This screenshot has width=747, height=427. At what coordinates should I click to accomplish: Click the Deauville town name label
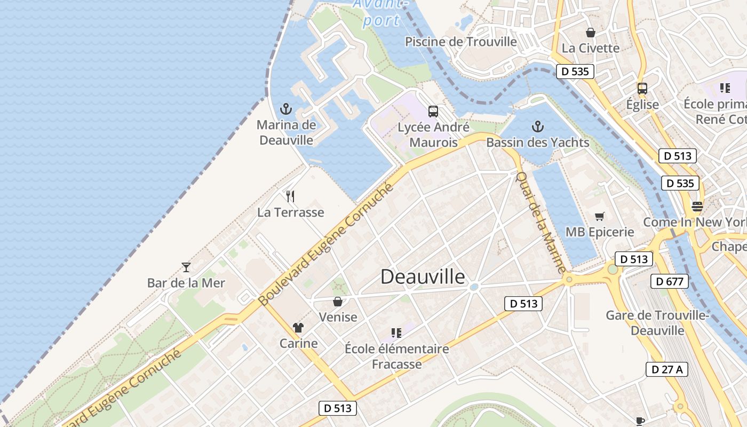click(423, 276)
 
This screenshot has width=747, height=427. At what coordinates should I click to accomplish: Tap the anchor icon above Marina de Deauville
click(286, 109)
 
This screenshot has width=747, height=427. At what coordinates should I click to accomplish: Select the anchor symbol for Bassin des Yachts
click(538, 127)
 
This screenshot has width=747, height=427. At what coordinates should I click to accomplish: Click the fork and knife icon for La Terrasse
click(290, 196)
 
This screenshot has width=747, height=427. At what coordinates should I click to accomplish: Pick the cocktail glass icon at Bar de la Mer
click(186, 267)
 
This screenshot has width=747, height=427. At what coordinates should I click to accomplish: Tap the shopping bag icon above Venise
click(337, 302)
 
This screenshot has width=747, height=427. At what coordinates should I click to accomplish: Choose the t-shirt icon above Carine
click(298, 328)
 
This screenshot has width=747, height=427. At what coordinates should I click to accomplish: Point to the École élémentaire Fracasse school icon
click(396, 333)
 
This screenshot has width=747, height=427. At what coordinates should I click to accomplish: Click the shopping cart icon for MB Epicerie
click(600, 216)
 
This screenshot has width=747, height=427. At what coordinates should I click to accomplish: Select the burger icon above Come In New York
click(697, 206)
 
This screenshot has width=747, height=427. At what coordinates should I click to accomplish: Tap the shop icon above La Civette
click(590, 33)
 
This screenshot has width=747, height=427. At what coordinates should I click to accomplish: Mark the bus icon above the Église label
click(642, 89)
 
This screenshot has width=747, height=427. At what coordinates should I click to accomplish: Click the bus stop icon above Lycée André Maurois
click(433, 112)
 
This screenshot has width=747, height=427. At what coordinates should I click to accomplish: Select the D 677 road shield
click(670, 281)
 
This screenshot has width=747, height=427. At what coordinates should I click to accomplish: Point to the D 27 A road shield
click(667, 369)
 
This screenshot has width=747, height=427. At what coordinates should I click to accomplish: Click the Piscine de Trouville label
click(461, 42)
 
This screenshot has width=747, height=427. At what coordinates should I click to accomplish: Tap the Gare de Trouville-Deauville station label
click(657, 323)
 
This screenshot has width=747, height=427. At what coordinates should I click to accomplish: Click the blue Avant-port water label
click(381, 13)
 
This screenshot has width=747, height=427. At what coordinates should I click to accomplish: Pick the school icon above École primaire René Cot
click(725, 88)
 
